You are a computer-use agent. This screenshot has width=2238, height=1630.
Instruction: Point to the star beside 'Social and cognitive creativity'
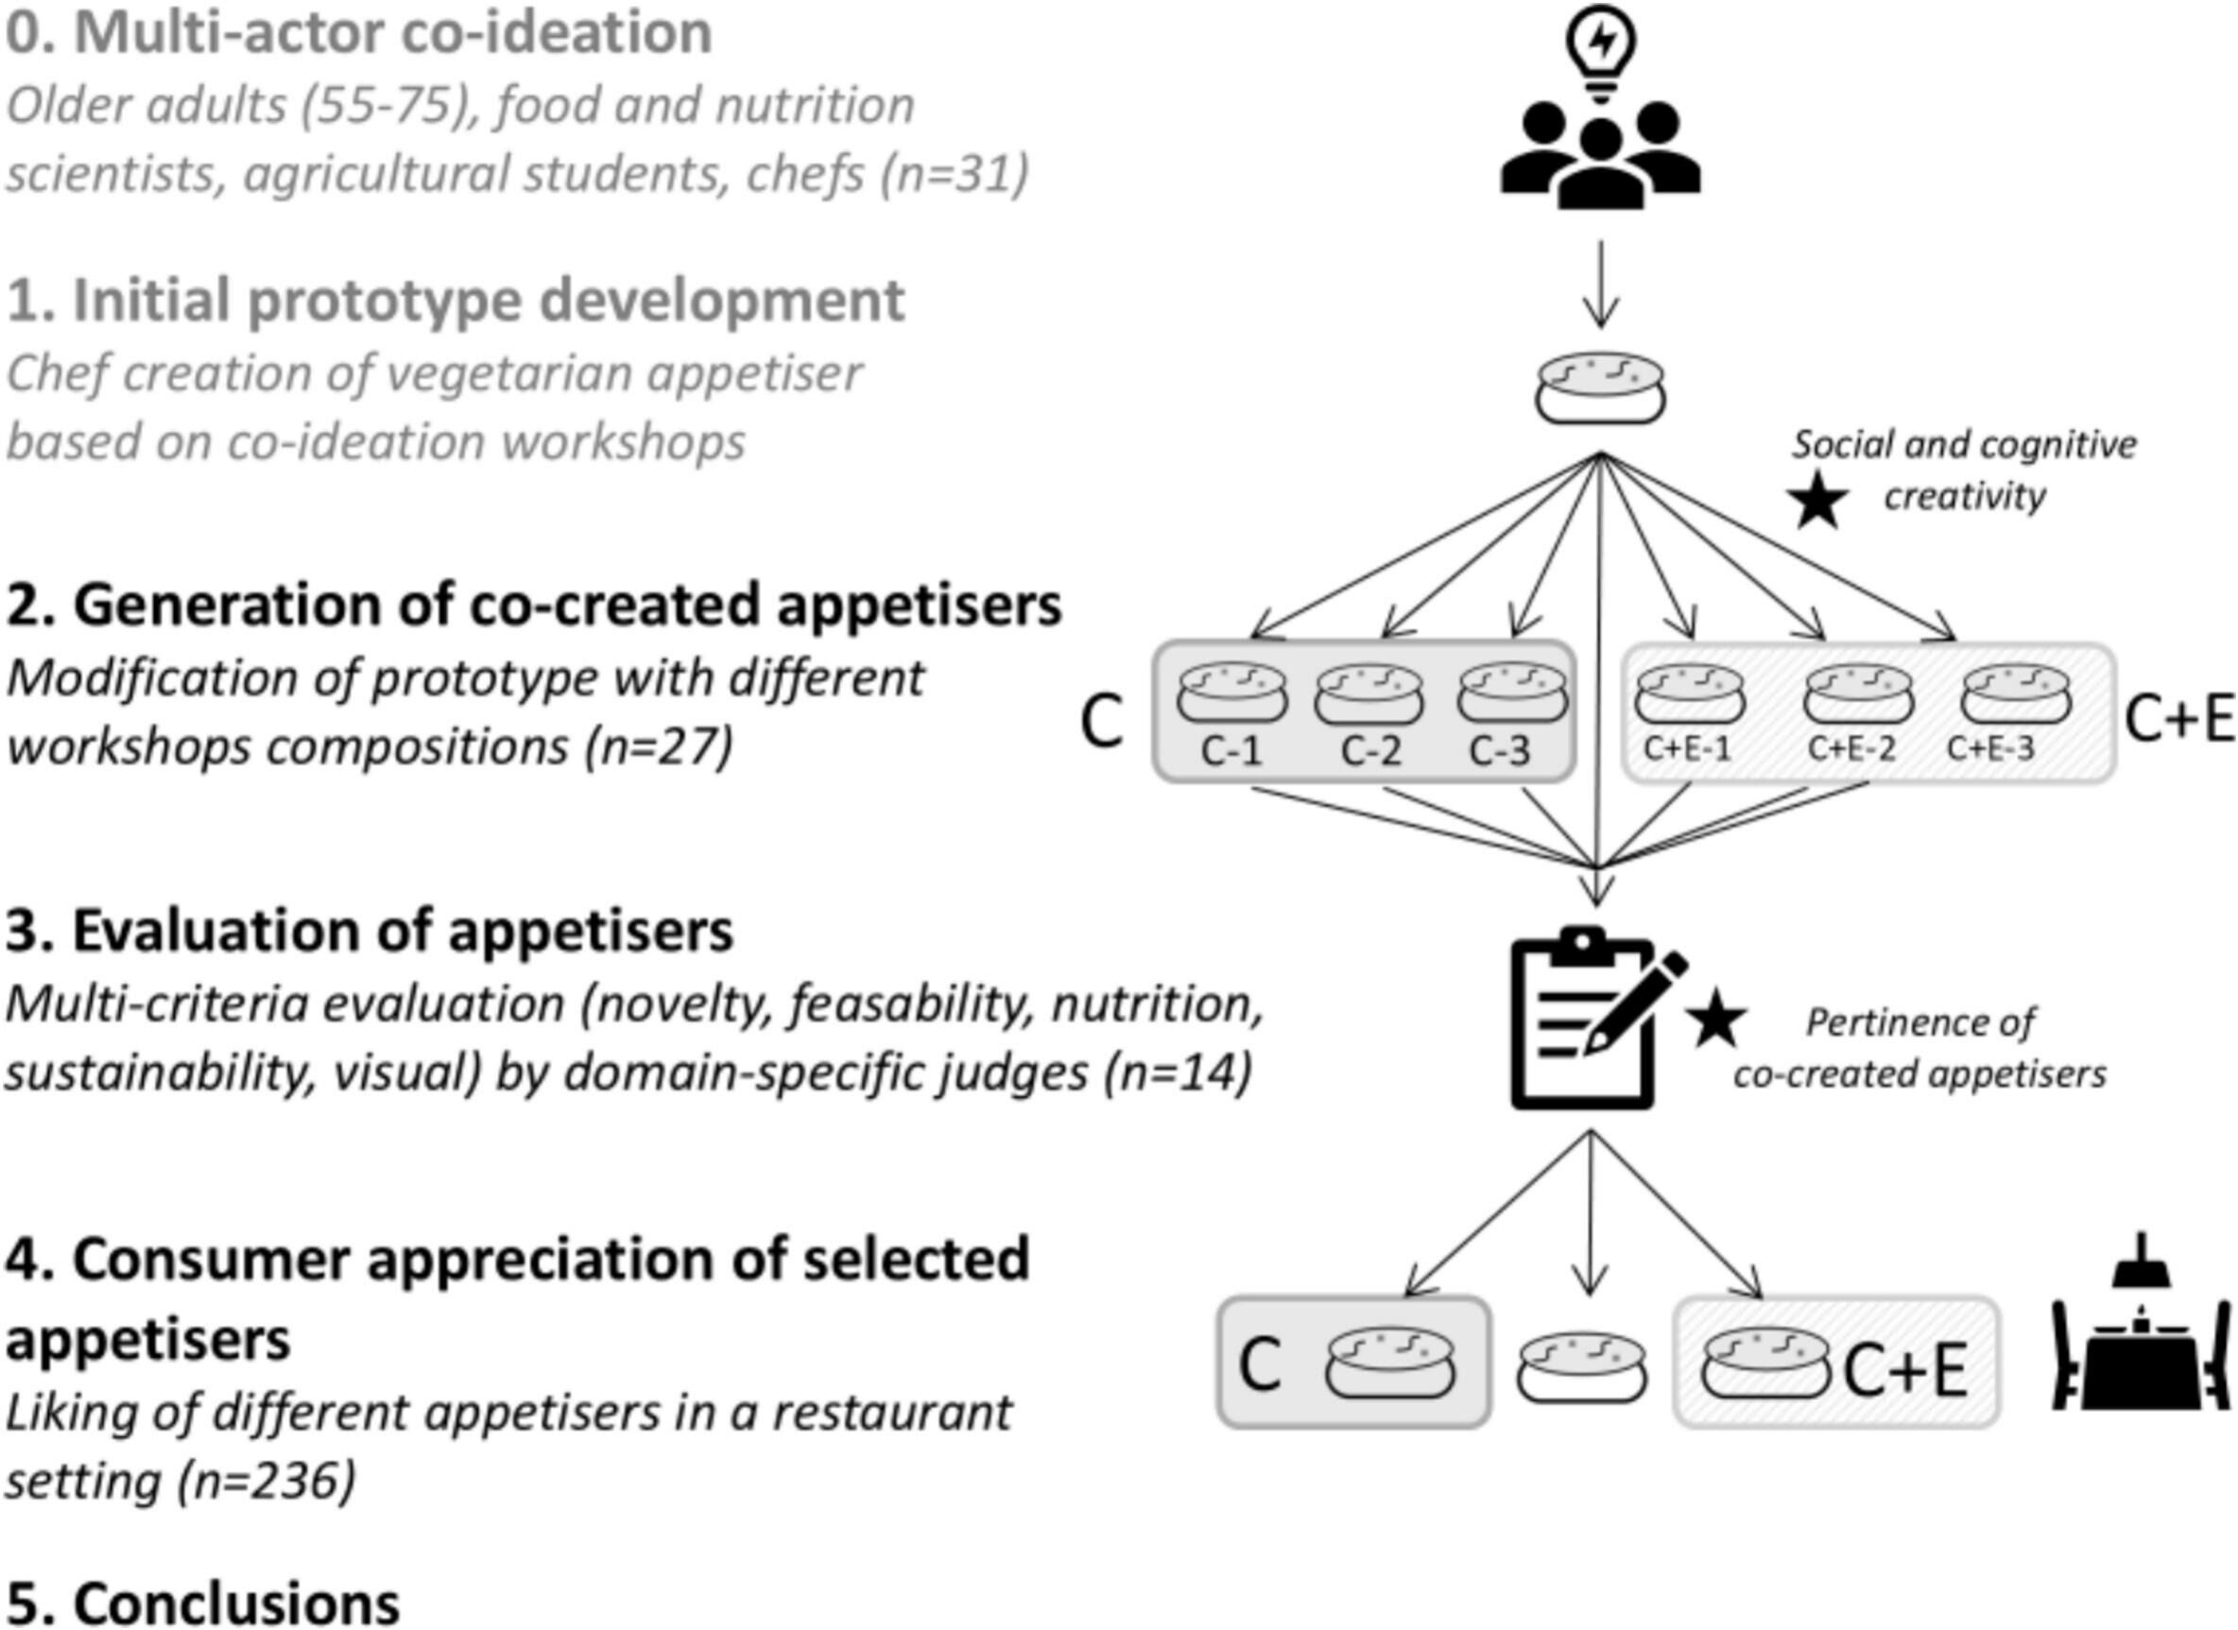pyautogui.click(x=1817, y=499)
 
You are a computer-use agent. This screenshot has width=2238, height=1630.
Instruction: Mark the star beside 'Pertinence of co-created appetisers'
pyautogui.click(x=1716, y=1021)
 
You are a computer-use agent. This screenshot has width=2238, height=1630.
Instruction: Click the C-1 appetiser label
pyautogui.click(x=1231, y=753)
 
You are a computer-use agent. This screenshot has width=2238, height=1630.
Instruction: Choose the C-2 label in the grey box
pyautogui.click(x=1370, y=753)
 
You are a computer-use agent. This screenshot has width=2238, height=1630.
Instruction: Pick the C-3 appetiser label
pyautogui.click(x=1500, y=753)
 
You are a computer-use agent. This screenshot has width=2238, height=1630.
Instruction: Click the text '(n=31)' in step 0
pyautogui.click(x=955, y=174)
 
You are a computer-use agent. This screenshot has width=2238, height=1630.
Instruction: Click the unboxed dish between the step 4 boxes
pyautogui.click(x=1581, y=1368)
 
